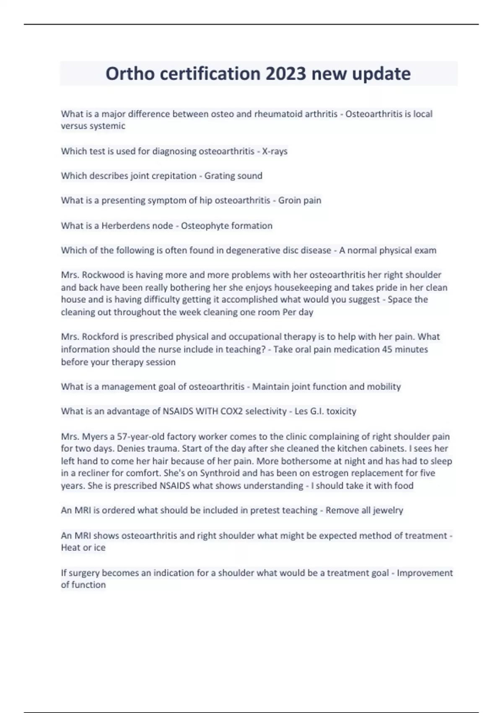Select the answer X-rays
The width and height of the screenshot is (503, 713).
click(x=275, y=151)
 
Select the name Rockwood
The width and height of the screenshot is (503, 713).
click(x=103, y=275)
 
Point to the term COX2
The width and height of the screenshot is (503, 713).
click(x=232, y=411)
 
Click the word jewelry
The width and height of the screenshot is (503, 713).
click(x=388, y=510)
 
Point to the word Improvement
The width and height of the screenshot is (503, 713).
click(x=425, y=573)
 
